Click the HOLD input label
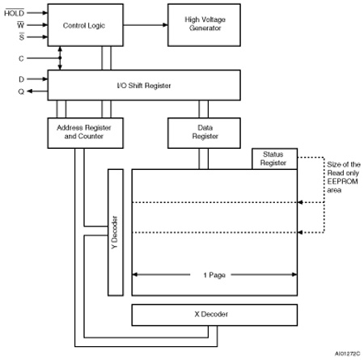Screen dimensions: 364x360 coord(15,13)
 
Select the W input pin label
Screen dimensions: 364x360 coord(20,25)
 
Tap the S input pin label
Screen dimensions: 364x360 coord(22,36)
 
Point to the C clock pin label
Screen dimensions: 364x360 coord(21,58)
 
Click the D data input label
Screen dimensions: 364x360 coord(21,79)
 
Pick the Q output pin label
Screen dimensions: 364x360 coord(21,91)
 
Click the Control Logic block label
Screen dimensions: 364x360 coord(84,26)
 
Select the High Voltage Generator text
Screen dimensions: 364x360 coord(205,23)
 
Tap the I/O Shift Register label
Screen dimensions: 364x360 coord(144,86)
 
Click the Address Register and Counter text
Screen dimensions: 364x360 coord(84,132)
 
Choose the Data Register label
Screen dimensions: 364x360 coord(205,132)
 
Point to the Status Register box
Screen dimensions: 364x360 coord(274,159)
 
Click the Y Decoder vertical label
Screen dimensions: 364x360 coord(115,232)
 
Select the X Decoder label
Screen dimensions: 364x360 coord(211,314)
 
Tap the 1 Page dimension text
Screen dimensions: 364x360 coord(214,275)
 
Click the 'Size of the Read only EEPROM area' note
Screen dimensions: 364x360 coord(344,177)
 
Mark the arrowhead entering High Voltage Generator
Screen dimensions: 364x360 coord(165,25)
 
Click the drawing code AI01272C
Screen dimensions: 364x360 coord(348,354)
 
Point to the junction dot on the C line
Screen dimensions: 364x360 coord(60,58)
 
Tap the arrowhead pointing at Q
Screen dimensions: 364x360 coord(30,91)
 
